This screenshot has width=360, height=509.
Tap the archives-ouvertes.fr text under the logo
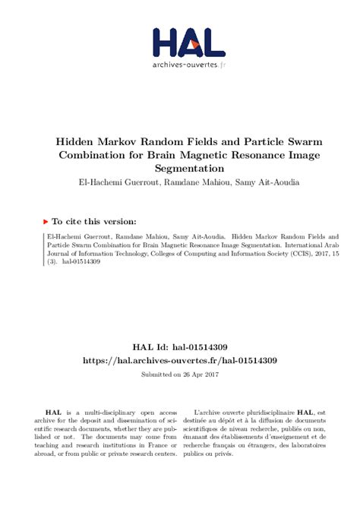188,65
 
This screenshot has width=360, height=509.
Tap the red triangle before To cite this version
46,222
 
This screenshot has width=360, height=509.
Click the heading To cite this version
94,222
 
